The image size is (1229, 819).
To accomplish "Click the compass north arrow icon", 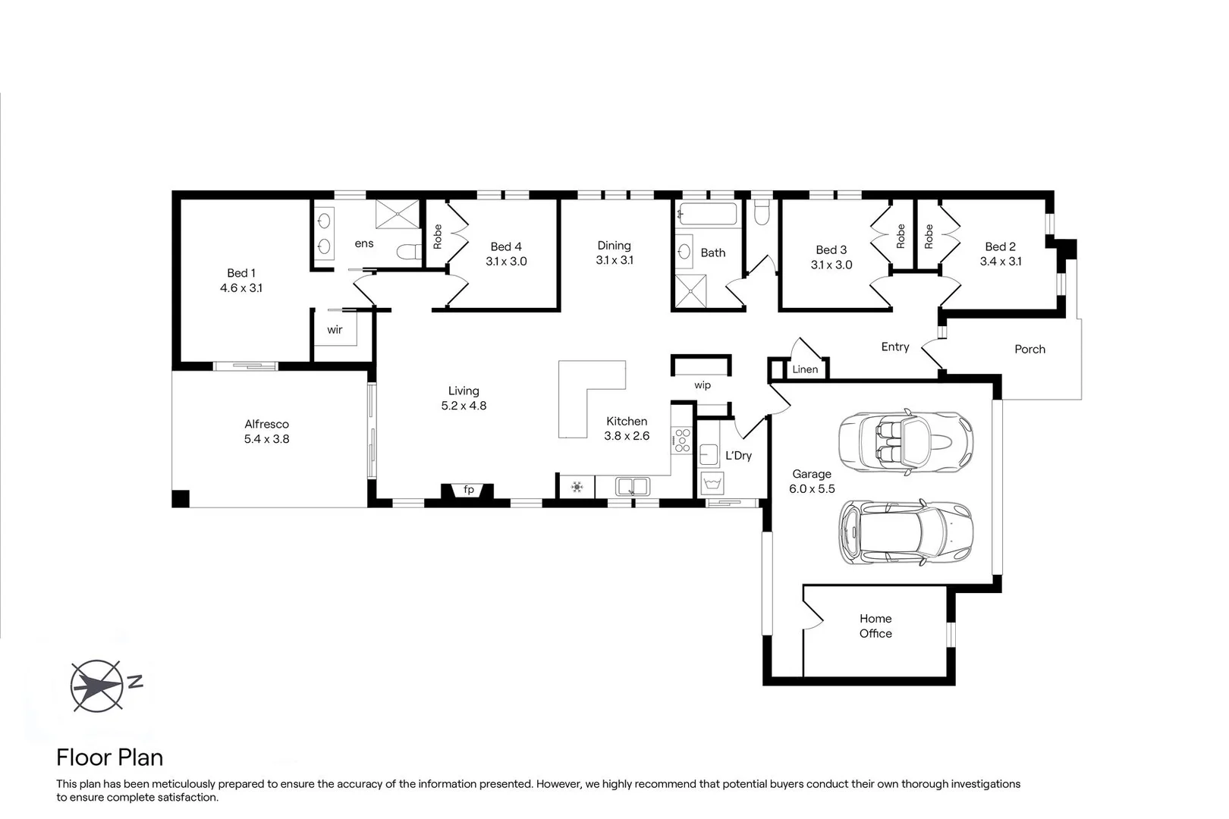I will pyautogui.click(x=96, y=686).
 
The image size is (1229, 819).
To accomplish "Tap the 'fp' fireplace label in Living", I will pyautogui.click(x=469, y=490).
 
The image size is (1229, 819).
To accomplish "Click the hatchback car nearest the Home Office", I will pyautogui.click(x=905, y=532).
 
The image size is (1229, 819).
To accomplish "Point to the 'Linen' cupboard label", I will pyautogui.click(x=805, y=369).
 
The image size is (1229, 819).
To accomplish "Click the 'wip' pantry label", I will pyautogui.click(x=703, y=385).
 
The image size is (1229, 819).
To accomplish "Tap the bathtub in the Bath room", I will pyautogui.click(x=707, y=214).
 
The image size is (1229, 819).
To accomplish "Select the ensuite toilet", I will pyautogui.click(x=409, y=252).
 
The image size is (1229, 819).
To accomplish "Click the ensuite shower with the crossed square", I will pyautogui.click(x=397, y=214).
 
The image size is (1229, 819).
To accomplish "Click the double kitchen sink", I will pyautogui.click(x=632, y=485).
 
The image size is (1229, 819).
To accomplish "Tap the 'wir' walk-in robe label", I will pyautogui.click(x=335, y=330).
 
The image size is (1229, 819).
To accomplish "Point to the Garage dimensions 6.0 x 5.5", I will pyautogui.click(x=812, y=489).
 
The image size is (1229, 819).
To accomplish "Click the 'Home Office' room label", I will pyautogui.click(x=875, y=626).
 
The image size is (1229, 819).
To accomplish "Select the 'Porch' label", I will pyautogui.click(x=1029, y=350).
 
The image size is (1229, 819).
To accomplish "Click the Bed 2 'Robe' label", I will pyautogui.click(x=929, y=236).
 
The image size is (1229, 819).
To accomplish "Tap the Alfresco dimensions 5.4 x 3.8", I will pyautogui.click(x=266, y=439).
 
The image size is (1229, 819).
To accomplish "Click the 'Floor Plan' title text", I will pyautogui.click(x=110, y=758).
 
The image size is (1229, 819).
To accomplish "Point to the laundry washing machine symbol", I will pyautogui.click(x=712, y=482).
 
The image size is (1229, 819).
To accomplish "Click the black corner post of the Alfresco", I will pyautogui.click(x=180, y=499).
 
